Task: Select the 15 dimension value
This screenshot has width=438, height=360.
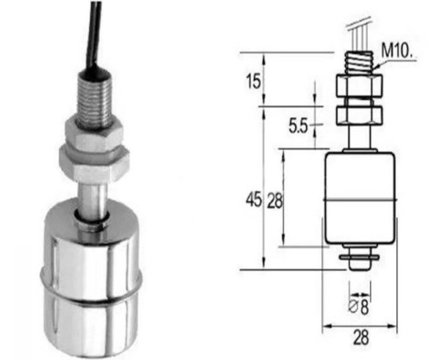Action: [x=253, y=81]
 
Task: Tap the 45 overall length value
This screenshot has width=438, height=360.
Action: [x=254, y=201]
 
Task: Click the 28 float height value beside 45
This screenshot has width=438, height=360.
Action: [x=274, y=201]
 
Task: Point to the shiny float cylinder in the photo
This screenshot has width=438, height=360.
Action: [x=93, y=274]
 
